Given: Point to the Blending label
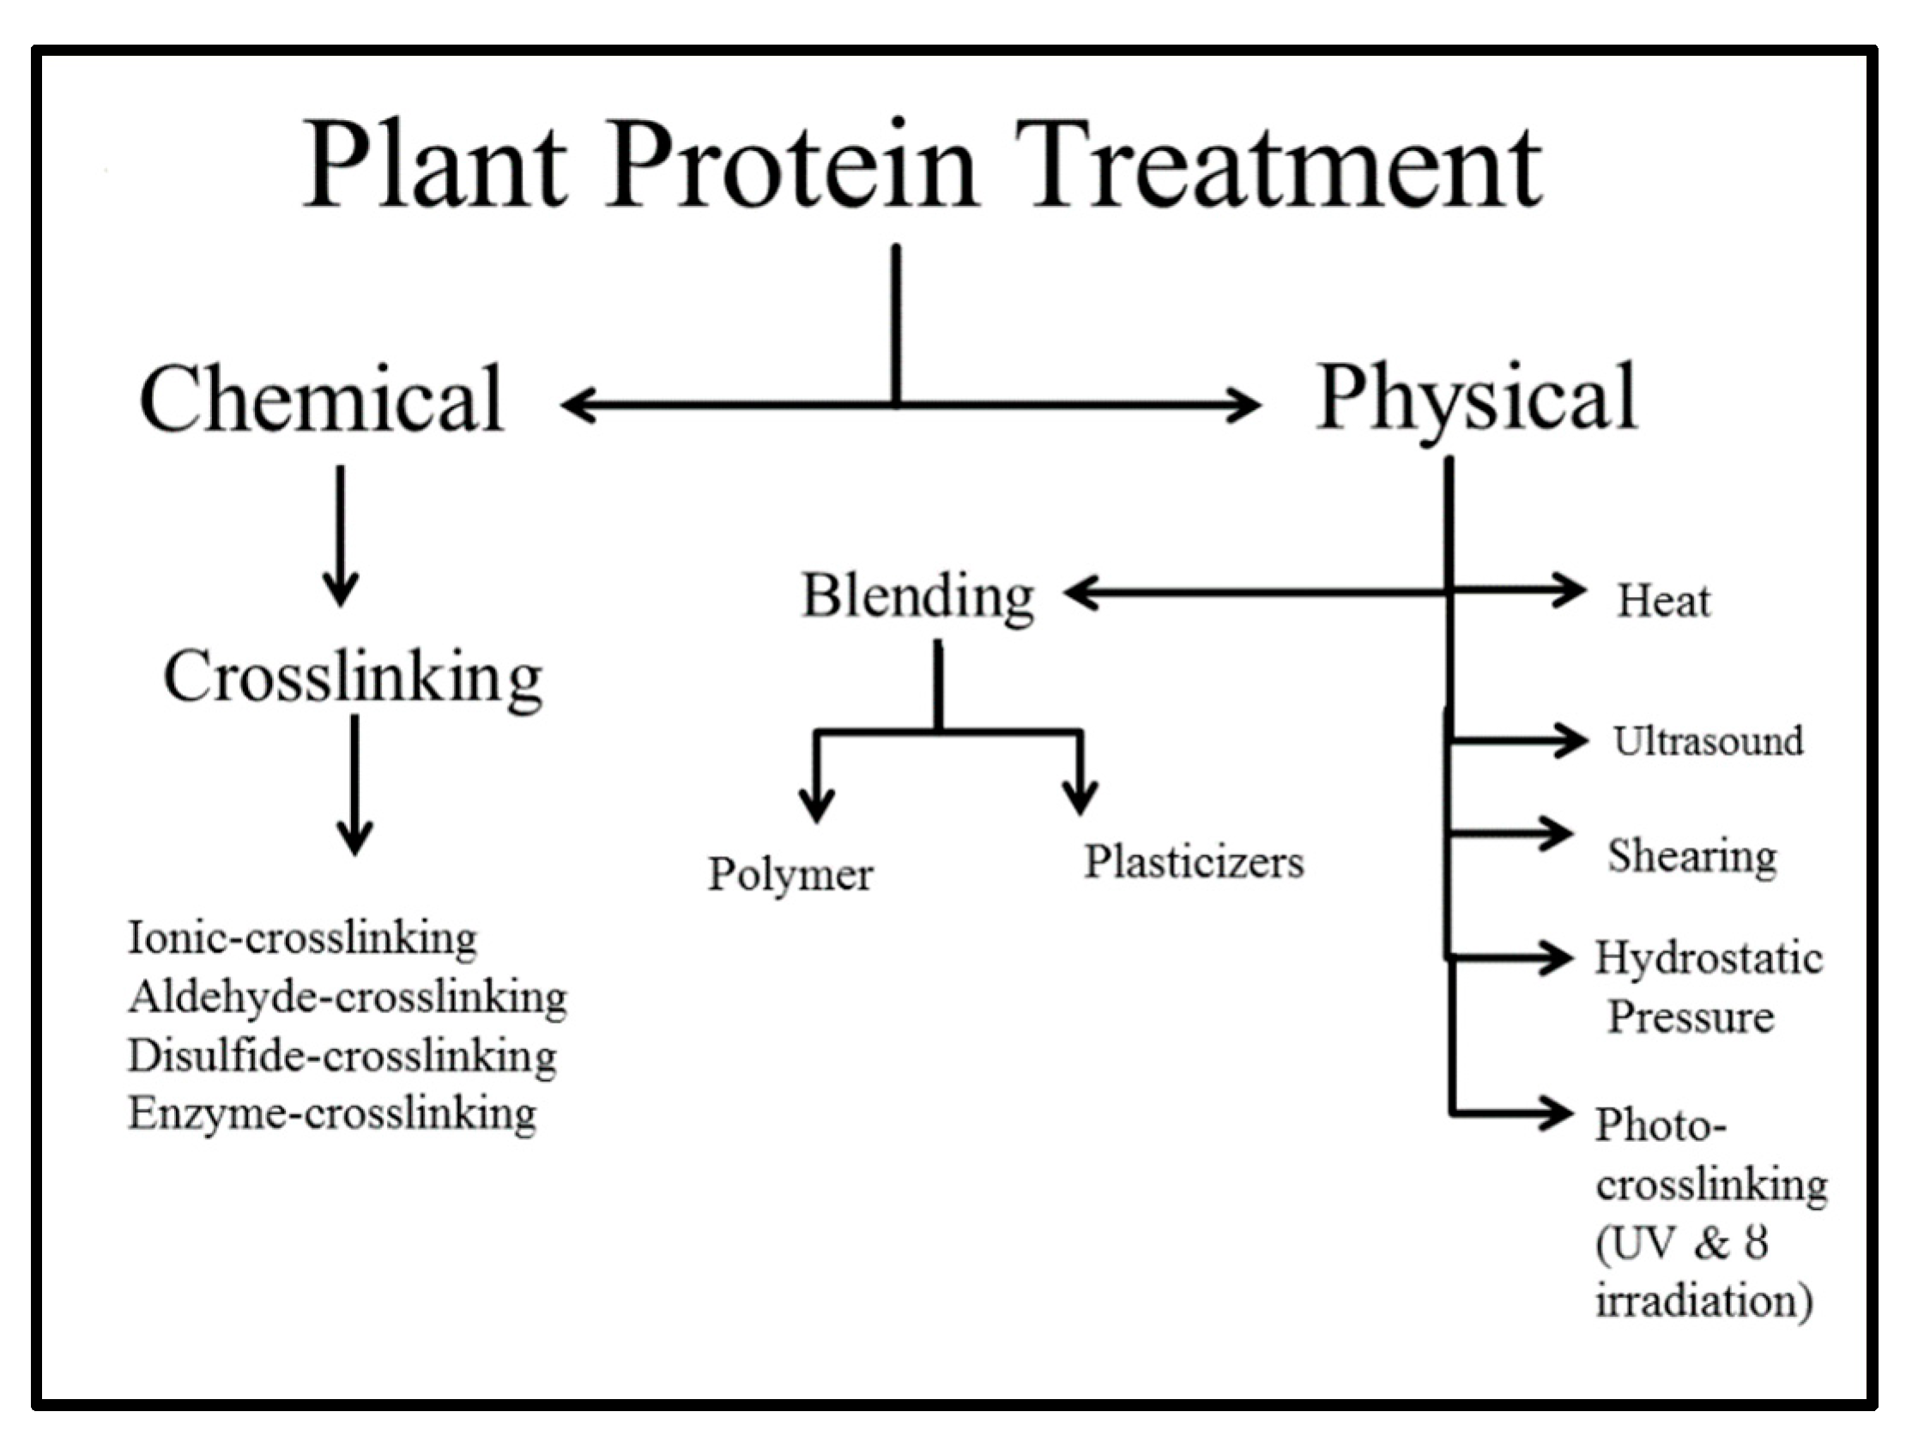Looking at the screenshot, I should point(917,596).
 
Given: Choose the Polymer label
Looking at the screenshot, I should point(790,874).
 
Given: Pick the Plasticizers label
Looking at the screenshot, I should point(1194,862).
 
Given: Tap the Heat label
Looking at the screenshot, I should point(1663,601).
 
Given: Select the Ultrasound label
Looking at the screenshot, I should point(1708,742).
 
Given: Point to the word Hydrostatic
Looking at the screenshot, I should point(1708,958).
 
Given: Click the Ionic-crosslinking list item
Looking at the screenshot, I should point(301,938).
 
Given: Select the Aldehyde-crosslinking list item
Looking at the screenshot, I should point(348,998).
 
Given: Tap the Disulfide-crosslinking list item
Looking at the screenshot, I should point(342,1056).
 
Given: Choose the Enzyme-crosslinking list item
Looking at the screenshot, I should point(333,1113).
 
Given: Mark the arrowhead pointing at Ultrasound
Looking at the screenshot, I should point(1573,740).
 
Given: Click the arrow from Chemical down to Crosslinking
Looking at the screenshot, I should point(341,534).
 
